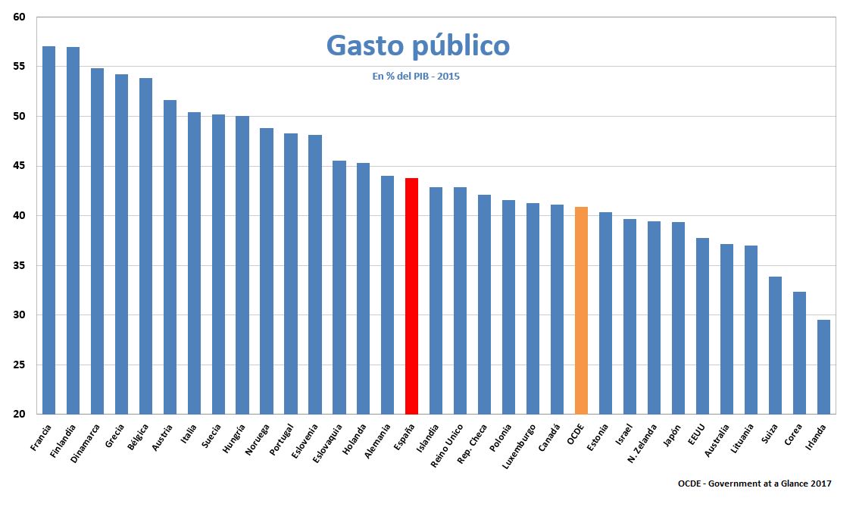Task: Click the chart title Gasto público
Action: tap(417, 45)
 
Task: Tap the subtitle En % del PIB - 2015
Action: tap(416, 77)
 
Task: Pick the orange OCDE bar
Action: tap(581, 310)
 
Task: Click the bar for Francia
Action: tap(48, 230)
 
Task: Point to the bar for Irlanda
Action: tap(823, 367)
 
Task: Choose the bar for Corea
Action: tap(799, 353)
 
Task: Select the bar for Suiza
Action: tap(775, 346)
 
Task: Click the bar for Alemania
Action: tap(387, 295)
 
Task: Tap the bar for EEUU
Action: tap(702, 326)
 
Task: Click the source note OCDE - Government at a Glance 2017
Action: tap(754, 484)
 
